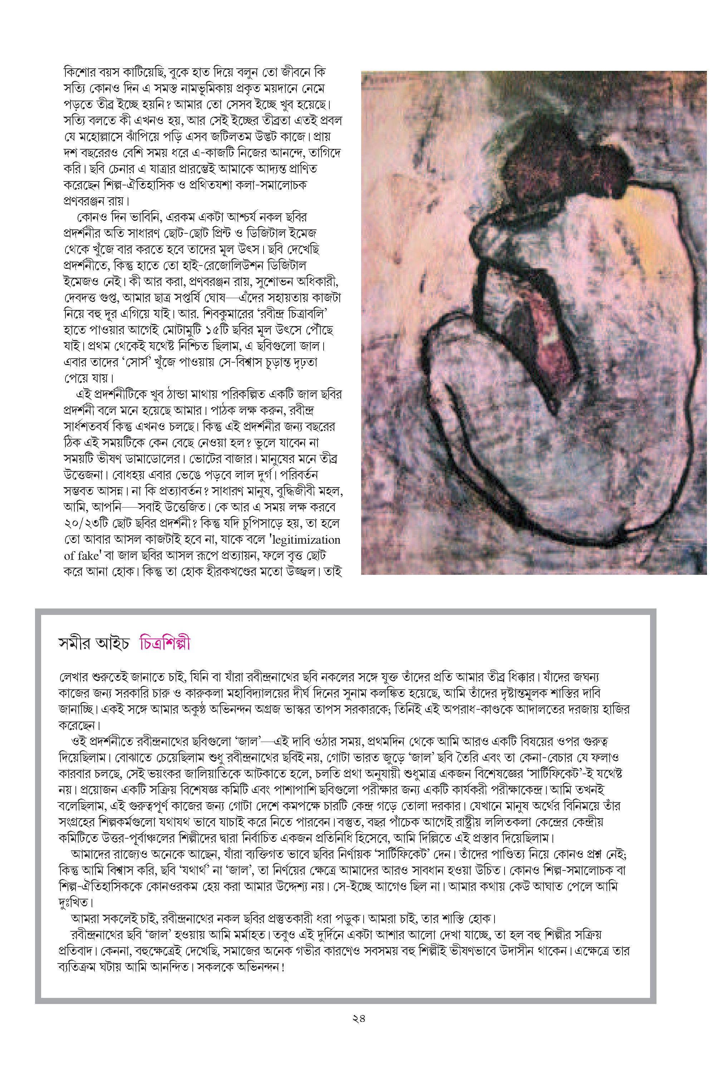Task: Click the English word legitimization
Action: point(305,539)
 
